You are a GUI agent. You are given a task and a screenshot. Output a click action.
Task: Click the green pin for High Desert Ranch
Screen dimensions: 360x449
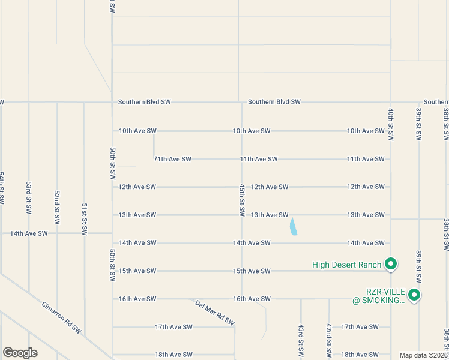point(391,263)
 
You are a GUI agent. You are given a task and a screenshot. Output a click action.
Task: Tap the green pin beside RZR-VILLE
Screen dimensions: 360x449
point(414,295)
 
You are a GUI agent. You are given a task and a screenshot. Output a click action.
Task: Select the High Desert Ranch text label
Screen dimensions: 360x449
point(347,265)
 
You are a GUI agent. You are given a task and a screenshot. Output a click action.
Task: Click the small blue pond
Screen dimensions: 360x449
point(293,227)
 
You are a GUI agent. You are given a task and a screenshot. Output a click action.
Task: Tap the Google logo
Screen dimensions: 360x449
point(20,353)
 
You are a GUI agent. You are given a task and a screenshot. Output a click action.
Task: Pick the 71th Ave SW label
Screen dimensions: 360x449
point(172,159)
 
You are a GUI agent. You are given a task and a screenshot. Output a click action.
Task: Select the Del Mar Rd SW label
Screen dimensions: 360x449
point(214,313)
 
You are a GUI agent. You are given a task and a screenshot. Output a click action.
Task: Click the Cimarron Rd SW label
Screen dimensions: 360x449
point(62,317)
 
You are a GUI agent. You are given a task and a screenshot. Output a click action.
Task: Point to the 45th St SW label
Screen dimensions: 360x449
point(242,200)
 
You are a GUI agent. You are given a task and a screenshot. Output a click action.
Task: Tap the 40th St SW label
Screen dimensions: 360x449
point(391,124)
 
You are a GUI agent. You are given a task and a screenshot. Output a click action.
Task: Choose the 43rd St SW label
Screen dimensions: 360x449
point(301,340)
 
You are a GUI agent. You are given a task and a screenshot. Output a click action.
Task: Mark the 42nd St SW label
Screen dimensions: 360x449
point(329,340)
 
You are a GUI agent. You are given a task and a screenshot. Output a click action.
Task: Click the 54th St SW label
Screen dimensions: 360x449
point(2,188)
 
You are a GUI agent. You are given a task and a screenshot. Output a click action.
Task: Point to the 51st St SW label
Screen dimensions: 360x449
point(85,218)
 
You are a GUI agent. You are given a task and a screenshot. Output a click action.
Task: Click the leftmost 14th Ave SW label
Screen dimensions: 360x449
point(29,233)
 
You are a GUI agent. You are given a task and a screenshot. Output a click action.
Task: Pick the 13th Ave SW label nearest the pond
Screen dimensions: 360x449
point(270,215)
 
